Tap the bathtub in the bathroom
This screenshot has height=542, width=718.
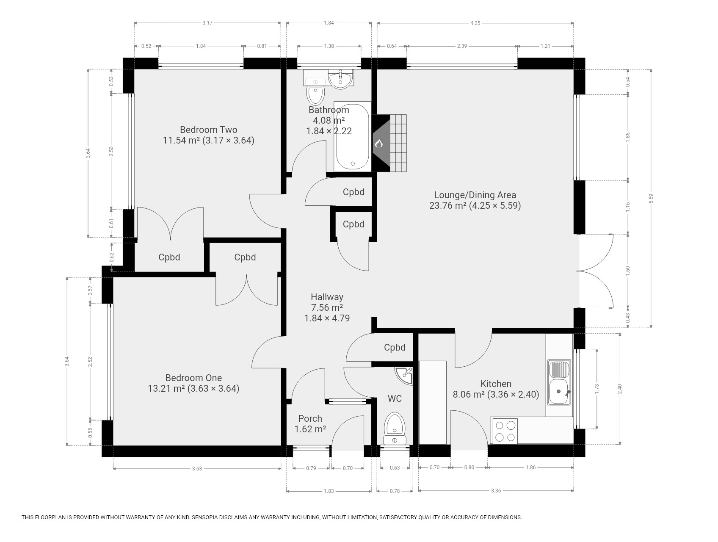352,136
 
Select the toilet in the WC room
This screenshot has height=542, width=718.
395,428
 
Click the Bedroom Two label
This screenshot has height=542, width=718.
208,130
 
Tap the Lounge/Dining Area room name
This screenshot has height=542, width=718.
475,195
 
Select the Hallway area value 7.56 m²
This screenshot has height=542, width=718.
327,308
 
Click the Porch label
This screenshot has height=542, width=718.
310,418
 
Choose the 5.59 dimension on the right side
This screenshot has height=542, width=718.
651,198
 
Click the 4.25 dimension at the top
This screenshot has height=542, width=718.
475,23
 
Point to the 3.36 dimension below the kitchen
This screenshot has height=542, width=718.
496,491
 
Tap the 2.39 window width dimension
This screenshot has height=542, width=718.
462,46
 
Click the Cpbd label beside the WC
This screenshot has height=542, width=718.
395,348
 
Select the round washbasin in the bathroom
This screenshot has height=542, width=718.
341,79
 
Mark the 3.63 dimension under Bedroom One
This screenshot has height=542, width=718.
197,468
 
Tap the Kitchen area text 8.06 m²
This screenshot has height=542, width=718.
469,395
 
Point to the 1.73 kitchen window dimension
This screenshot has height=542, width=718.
597,389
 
